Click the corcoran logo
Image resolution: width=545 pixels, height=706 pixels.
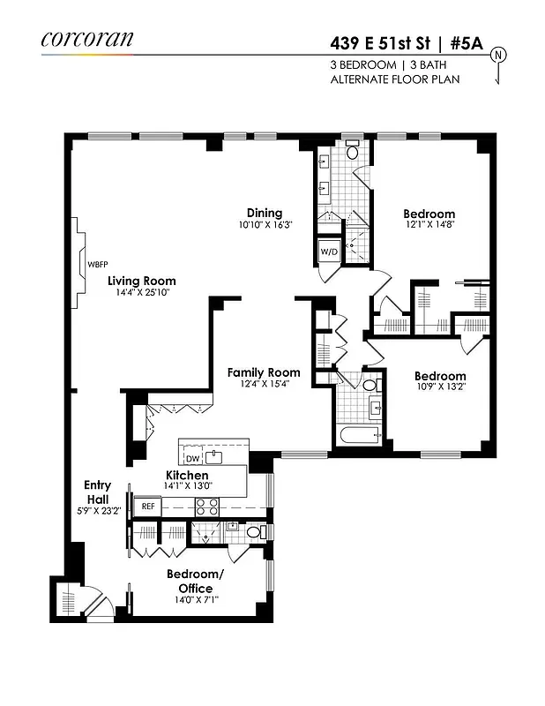coord(86,39)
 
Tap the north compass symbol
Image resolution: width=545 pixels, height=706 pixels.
coord(499,56)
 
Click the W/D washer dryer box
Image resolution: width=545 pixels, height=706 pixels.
coord(328,252)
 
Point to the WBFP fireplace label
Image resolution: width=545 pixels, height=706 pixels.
coord(96,264)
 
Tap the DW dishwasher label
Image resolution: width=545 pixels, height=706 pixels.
coord(193,459)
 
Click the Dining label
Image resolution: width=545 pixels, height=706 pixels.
coord(265,213)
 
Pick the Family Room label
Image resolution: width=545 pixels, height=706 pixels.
coord(264,372)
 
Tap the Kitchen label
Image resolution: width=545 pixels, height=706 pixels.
coord(187,476)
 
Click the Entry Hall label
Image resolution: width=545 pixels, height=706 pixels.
coord(97,492)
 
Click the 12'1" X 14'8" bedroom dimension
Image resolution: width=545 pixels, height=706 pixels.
coord(429,225)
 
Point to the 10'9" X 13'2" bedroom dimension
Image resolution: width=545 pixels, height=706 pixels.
coord(441,387)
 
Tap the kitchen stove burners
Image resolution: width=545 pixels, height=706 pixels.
coord(206,507)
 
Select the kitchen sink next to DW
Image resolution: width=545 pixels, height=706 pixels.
coord(214,457)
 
